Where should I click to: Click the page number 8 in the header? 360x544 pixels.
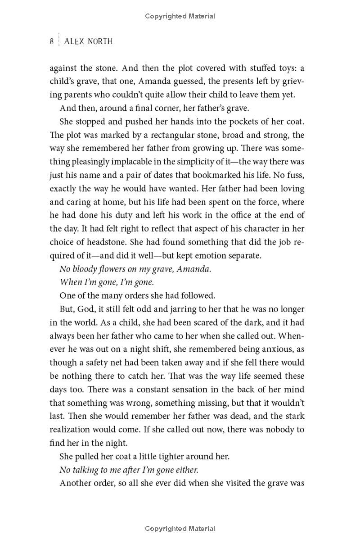pyautogui.click(x=52, y=41)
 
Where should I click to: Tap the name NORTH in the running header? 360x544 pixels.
pyautogui.click(x=98, y=41)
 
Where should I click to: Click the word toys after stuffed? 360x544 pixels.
pyautogui.click(x=284, y=68)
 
